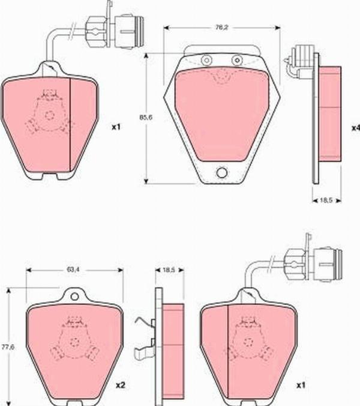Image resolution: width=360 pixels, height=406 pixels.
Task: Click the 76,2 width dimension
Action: point(221,27)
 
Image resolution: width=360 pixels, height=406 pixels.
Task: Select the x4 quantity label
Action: point(355,128)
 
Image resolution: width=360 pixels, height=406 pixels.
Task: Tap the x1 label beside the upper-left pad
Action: point(116,127)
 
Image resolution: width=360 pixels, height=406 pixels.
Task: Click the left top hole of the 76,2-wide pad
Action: point(206,59)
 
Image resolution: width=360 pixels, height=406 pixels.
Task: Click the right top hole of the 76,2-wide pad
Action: point(237,59)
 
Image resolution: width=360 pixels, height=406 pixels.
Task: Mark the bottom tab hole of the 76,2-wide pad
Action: point(221,173)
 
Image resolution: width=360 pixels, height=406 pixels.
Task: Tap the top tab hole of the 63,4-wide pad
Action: point(74,295)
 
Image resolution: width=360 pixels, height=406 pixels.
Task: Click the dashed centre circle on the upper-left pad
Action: point(49,115)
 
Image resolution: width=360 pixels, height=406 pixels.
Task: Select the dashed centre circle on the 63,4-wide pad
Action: point(74,342)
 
